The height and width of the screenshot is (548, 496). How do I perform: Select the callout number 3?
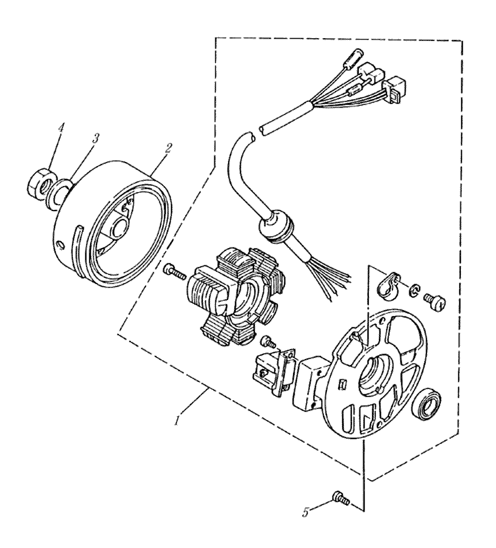95,138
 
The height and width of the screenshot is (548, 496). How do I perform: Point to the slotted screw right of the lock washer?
435,299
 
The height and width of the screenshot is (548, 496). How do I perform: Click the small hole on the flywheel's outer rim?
60,244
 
